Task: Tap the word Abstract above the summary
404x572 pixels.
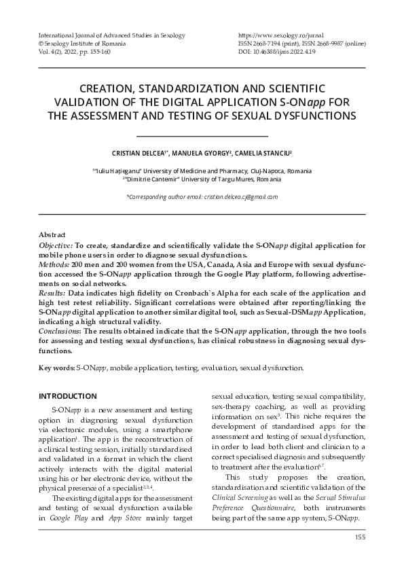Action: [x=52, y=232]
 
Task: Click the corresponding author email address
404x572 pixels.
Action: [x=202, y=196]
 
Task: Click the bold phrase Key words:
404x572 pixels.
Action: [x=56, y=368]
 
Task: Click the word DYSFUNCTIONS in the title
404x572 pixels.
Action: [x=299, y=115]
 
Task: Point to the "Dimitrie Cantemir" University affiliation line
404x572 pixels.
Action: [x=202, y=179]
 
